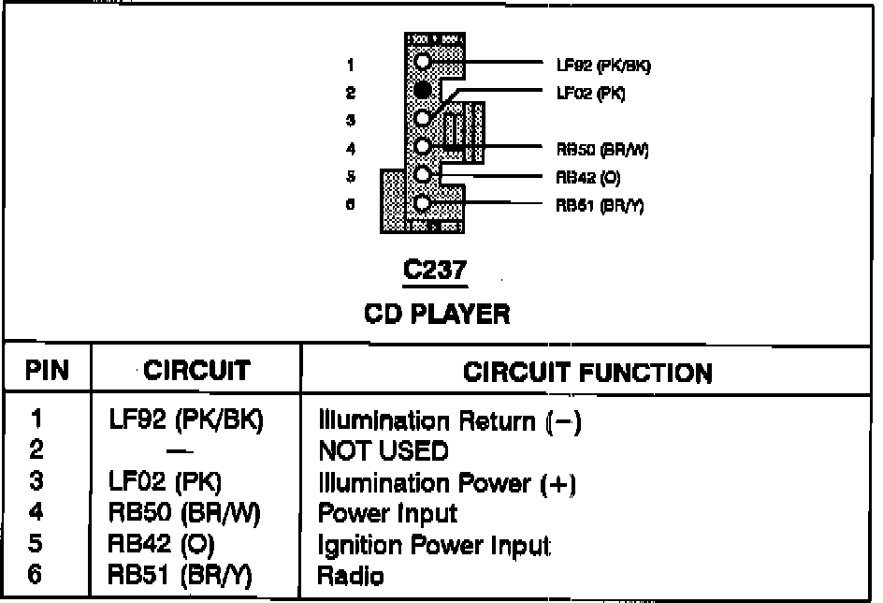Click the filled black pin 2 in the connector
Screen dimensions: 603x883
click(423, 91)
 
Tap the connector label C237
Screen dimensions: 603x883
click(434, 271)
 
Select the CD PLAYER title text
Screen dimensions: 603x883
click(437, 313)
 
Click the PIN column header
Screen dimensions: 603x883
click(48, 371)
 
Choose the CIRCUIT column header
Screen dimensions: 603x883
click(195, 371)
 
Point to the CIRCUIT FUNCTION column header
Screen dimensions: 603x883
click(587, 372)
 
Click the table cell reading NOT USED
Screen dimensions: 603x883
click(384, 452)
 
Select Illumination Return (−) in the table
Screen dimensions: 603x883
click(450, 421)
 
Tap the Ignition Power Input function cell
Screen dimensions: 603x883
click(434, 545)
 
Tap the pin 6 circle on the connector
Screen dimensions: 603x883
click(423, 203)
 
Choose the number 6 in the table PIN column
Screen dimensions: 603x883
click(36, 576)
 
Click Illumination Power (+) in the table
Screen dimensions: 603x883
click(446, 483)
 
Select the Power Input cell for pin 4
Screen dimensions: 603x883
click(387, 514)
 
